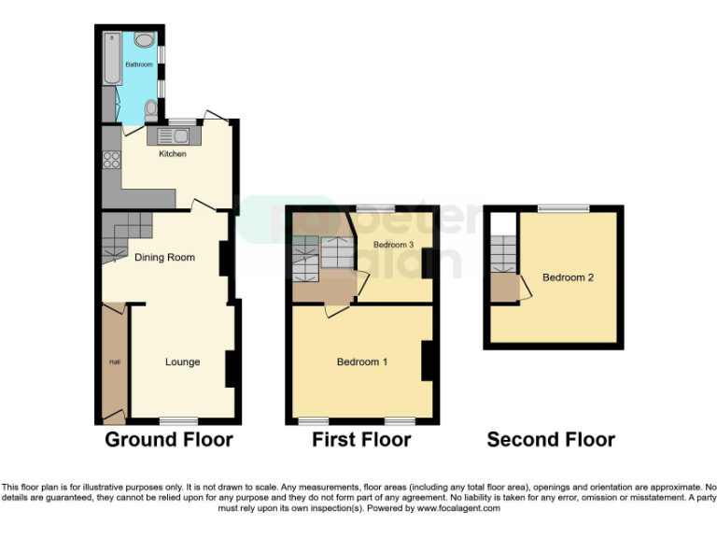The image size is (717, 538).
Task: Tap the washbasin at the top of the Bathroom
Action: pos(143,40)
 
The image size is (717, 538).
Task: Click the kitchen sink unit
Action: pos(168,136)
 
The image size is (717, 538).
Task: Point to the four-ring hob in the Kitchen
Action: pos(111,160)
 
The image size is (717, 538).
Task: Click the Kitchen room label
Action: pos(173,153)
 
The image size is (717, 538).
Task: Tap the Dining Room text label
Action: pos(164,257)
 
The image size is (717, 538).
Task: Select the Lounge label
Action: pos(182,361)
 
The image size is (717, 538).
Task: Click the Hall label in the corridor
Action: pos(115,362)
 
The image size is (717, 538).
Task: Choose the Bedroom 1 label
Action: pos(362,361)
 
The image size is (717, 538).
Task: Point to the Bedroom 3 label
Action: pos(393,245)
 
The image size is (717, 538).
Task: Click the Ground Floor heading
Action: pos(169,439)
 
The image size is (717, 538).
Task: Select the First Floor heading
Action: pos(361,439)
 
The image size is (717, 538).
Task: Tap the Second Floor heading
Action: pos(551,439)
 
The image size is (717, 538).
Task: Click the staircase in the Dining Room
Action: pos(123,234)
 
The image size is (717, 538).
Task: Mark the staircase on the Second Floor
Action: pos(503,253)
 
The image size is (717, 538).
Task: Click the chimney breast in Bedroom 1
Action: pos(429,361)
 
